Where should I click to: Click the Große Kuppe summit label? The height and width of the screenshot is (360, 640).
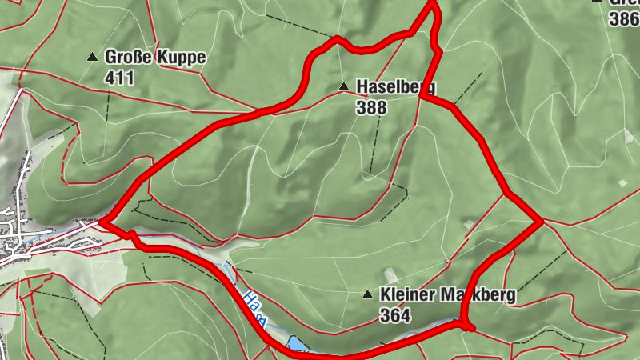(x=155, y=58)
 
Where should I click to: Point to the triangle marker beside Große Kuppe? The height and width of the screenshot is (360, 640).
(x=93, y=58)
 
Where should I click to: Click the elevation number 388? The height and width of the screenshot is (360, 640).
(x=372, y=107)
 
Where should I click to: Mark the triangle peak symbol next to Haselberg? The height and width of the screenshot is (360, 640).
(x=343, y=86)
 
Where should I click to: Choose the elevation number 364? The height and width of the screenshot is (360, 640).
(x=395, y=316)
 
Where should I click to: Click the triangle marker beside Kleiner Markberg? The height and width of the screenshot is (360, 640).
(x=367, y=295)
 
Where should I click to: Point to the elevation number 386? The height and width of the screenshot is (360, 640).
(x=624, y=20)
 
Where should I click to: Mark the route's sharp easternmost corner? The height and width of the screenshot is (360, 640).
(x=542, y=222)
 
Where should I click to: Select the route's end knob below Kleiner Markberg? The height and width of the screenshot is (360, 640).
(x=469, y=326)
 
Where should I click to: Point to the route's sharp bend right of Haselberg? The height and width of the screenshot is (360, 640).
(x=420, y=98)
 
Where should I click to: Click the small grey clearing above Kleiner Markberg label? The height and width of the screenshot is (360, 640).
(x=390, y=274)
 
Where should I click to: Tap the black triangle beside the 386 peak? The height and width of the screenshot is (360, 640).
(x=597, y=2)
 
